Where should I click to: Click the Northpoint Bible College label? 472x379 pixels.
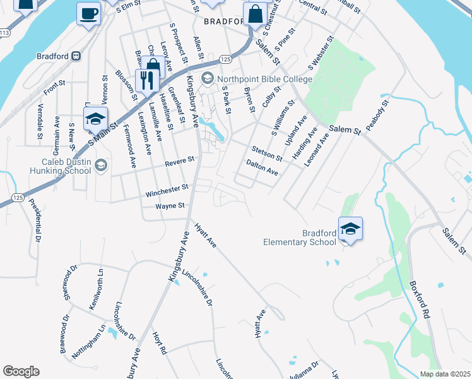tap(265, 79)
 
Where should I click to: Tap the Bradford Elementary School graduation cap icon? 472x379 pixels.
tap(351, 229)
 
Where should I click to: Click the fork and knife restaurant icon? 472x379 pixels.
tap(146, 80)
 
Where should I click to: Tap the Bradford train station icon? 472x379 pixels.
tap(76, 56)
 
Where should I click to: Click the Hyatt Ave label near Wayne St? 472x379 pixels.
tap(206, 235)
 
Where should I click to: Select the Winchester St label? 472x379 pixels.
tap(167, 188)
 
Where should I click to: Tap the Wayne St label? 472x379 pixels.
tap(170, 205)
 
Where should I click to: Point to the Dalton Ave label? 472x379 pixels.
tap(262, 167)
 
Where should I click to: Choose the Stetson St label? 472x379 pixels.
tap(267, 152)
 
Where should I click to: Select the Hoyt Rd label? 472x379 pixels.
tap(160, 342)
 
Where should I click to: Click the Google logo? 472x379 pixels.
tap(21, 371)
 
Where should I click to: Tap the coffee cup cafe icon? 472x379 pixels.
tap(88, 13)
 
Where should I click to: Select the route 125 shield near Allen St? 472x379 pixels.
tap(225, 59)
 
